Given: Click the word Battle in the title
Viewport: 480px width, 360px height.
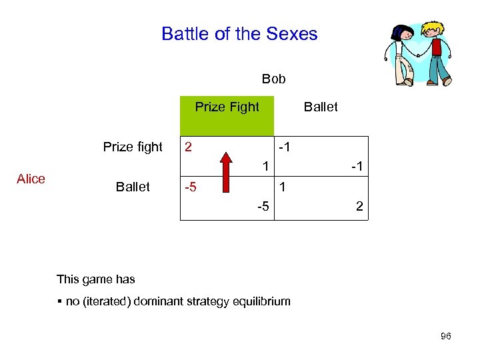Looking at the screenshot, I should click(183, 34).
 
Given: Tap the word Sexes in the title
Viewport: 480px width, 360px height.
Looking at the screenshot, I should click(292, 34).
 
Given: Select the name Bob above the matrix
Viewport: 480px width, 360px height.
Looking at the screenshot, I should click(273, 79).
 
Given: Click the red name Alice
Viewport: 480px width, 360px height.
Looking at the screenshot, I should click(31, 179).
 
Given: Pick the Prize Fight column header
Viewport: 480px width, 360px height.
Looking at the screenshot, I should click(227, 107).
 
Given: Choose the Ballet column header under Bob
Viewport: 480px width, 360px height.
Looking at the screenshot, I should click(321, 107).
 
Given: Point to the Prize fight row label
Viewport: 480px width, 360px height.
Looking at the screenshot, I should click(133, 147).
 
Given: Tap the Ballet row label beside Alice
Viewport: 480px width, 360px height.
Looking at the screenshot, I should click(133, 187).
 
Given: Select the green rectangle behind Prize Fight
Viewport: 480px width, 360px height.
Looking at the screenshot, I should click(227, 123).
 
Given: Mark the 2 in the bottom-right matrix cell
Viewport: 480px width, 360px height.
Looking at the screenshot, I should click(359, 207).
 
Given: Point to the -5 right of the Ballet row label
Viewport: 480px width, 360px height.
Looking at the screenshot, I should click(191, 187).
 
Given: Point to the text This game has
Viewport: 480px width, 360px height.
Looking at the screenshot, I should click(96, 279).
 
